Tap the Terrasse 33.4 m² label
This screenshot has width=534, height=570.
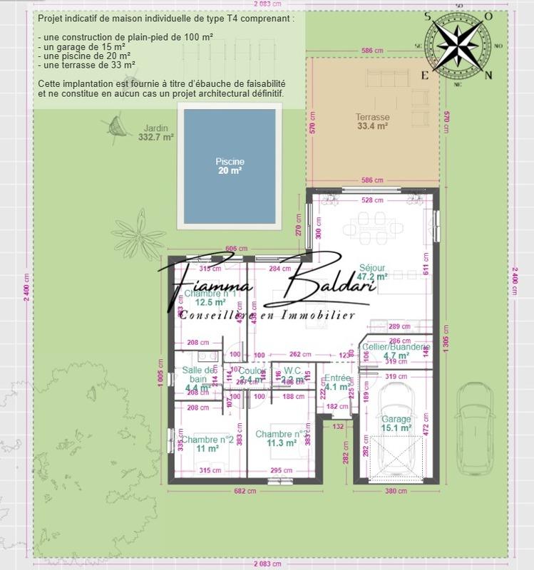click(372, 122)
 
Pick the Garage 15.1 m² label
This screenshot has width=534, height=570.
click(396, 423)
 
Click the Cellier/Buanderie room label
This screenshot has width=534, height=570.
click(395, 351)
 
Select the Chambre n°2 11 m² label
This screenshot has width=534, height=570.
click(207, 444)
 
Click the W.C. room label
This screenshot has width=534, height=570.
click(293, 375)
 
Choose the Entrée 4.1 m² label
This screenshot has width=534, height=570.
click(337, 383)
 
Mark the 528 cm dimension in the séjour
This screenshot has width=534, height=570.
click(368, 200)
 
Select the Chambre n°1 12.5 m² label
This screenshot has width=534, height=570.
click(210, 297)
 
